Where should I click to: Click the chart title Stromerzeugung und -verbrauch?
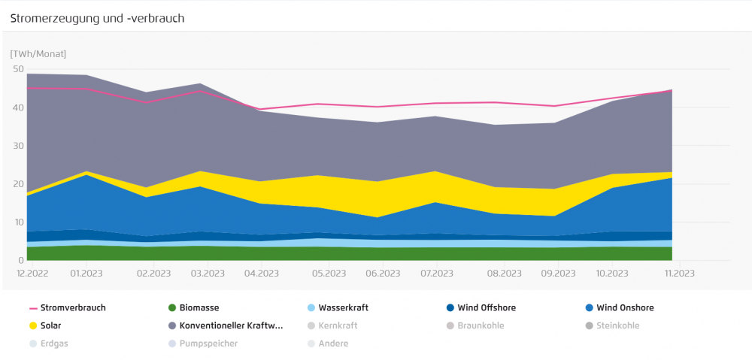point(97,17)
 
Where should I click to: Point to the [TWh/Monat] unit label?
point(38,54)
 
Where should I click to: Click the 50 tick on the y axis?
point(19,69)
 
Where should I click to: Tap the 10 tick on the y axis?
point(19,222)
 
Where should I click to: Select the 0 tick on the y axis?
point(21,261)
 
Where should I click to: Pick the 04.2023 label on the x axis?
point(259,274)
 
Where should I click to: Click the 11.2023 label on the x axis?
point(678,274)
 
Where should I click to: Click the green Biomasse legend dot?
point(172,307)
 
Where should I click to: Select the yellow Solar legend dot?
point(33,325)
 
